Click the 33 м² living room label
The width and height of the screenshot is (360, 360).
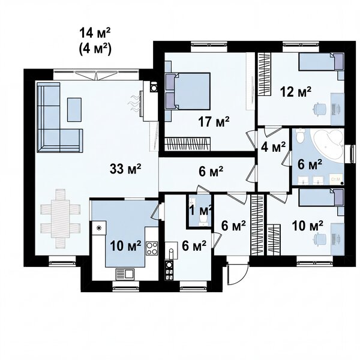125,169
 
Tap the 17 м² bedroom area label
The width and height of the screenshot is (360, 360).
214,121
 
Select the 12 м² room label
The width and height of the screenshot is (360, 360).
295,92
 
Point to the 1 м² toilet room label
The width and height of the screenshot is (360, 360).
200,211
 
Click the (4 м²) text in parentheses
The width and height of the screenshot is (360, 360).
95,49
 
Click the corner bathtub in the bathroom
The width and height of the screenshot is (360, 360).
328,145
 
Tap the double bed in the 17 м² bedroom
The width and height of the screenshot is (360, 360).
188,91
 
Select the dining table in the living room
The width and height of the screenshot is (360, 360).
61,218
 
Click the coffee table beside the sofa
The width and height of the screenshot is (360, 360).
74,110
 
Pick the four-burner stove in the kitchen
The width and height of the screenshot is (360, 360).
152,248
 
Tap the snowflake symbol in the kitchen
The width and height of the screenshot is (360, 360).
99,228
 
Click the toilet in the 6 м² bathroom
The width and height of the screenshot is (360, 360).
300,136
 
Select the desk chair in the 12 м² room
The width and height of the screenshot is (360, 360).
320,109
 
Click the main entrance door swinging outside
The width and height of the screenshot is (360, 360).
238,274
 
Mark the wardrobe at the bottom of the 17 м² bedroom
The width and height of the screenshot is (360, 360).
188,144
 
